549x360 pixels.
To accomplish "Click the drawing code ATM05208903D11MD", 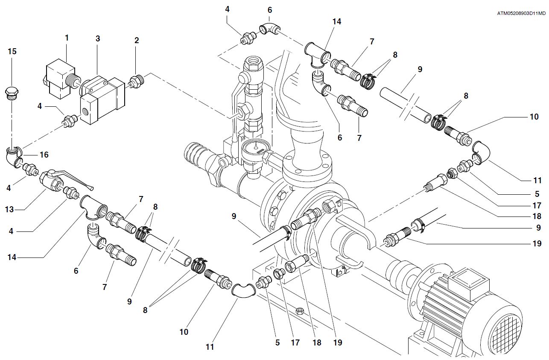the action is (521, 14).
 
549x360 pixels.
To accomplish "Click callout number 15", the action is (12, 51).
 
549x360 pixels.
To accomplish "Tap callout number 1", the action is (67, 38).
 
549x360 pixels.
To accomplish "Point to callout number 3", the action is (98, 38).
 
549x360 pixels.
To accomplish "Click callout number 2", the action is (137, 40).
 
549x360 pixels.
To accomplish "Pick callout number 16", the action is (44, 155).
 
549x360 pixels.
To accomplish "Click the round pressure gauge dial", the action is (255, 148).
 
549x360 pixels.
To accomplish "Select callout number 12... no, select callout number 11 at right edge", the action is (537, 181).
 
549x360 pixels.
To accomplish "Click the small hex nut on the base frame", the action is (300, 311).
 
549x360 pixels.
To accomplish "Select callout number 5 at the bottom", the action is (277, 342).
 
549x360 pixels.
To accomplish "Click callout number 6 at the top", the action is (270, 10).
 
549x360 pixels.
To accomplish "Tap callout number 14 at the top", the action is (337, 22).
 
